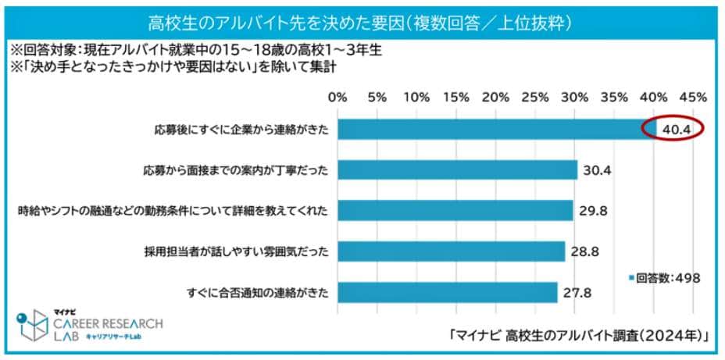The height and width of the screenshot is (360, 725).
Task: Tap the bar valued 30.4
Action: click(x=457, y=169)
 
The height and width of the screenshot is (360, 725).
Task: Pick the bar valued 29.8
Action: click(x=455, y=210)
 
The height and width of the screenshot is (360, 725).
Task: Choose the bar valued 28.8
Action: click(x=451, y=251)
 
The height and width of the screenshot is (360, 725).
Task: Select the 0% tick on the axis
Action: click(x=337, y=98)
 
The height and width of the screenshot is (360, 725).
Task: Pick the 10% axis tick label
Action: click(x=416, y=98)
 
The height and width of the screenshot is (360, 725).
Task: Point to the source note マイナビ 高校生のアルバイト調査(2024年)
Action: click(x=579, y=336)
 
